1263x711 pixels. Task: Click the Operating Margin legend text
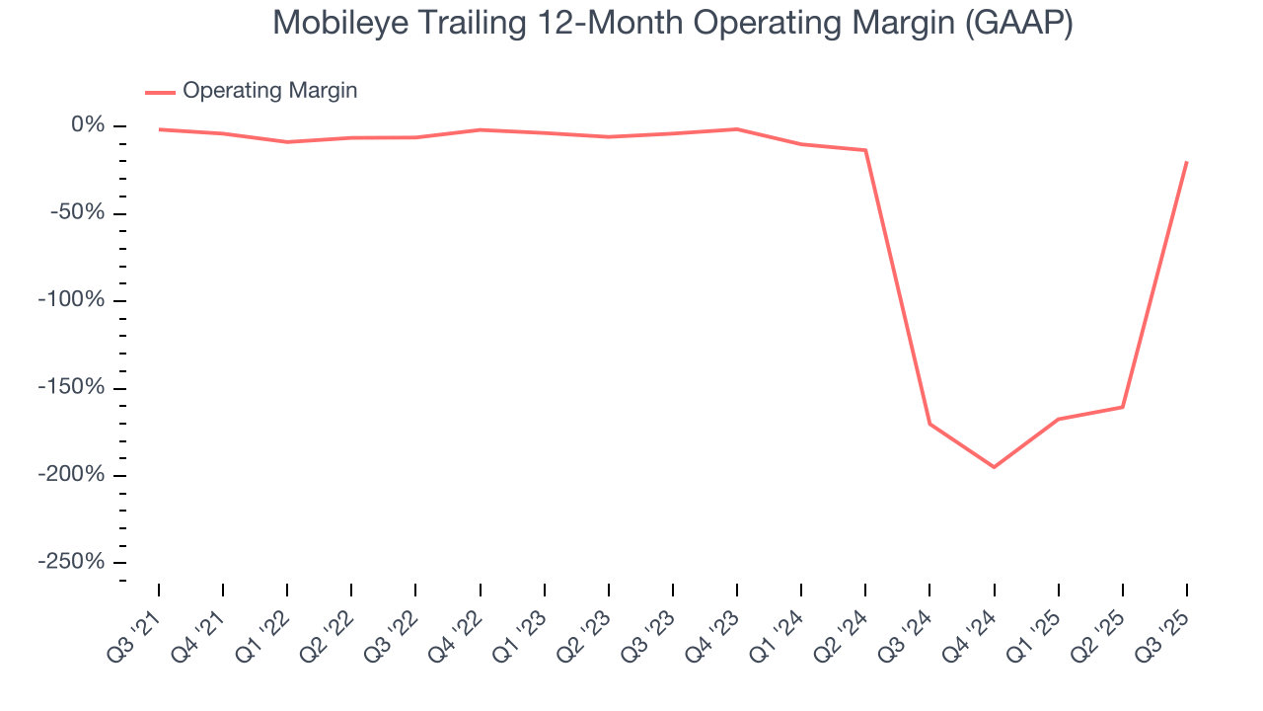tap(269, 91)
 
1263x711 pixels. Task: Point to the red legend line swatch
tap(160, 92)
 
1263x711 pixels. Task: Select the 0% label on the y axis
tap(87, 125)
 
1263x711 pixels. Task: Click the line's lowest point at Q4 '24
tap(994, 467)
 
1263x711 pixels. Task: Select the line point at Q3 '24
tap(929, 424)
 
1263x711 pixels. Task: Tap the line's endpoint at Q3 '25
tap(1186, 162)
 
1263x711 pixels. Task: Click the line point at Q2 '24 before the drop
tap(865, 150)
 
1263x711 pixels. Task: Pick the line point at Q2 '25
tap(1122, 407)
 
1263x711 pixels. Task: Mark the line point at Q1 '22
tap(287, 142)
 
